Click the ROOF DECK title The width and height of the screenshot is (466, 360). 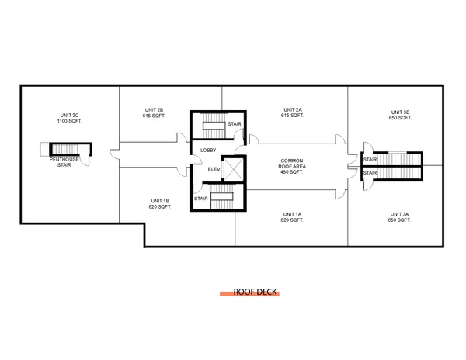(255, 292)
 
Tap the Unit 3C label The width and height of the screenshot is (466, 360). (70, 115)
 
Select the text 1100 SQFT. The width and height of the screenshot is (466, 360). (70, 121)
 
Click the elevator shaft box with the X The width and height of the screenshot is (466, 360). (233, 169)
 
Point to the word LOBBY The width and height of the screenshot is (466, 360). (208, 151)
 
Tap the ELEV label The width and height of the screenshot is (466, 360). (214, 169)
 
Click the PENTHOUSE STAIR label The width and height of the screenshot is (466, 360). (64, 162)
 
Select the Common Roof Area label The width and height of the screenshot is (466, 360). (292, 164)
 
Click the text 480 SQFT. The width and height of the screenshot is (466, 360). (292, 171)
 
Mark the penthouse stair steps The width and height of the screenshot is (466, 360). (64, 149)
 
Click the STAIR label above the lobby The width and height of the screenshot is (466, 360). (235, 124)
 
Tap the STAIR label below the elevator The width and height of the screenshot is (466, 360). (201, 199)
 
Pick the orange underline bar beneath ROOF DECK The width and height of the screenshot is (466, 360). (249, 294)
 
